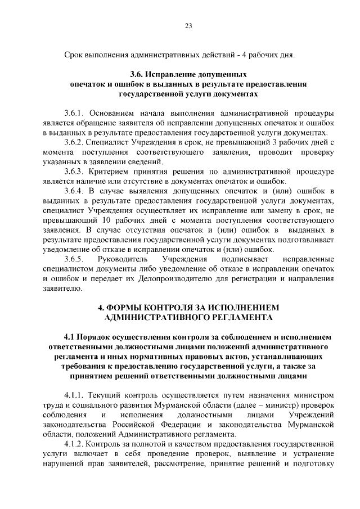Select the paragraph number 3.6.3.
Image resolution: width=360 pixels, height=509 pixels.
click(74, 171)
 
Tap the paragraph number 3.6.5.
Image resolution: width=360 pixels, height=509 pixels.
click(74, 259)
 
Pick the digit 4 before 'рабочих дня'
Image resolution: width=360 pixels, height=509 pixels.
click(242, 55)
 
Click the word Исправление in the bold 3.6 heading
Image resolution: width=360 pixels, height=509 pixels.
click(173, 74)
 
